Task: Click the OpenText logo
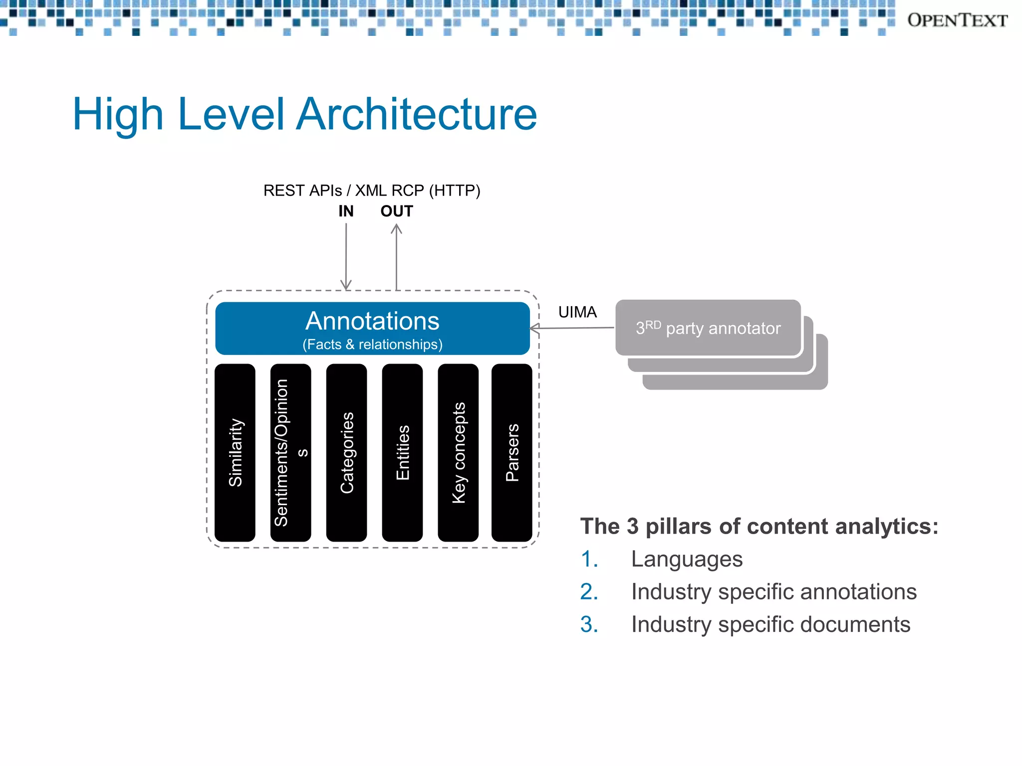[x=957, y=20]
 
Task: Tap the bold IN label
[x=345, y=211]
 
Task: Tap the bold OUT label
[x=396, y=211]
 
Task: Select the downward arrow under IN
[x=346, y=257]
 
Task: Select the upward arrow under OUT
[x=396, y=257]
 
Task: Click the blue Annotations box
[x=372, y=328]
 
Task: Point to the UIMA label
[x=577, y=312]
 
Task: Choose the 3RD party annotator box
[x=708, y=328]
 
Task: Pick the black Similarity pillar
[x=235, y=452]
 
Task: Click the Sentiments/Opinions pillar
[x=290, y=452]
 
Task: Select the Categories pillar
[x=346, y=452]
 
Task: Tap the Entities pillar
[x=402, y=452]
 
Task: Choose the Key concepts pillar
[x=458, y=452]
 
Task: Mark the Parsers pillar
[x=512, y=452]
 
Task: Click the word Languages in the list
[x=687, y=559]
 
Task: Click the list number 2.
[x=589, y=592]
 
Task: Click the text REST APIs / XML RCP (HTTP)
[x=372, y=191]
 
